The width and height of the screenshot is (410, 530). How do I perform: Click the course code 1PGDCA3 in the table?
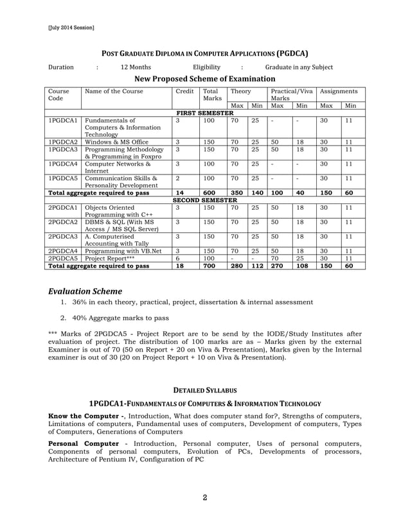pos(63,150)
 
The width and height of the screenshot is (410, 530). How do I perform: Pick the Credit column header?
pos(184,92)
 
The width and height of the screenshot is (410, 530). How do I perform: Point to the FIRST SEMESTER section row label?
pos(204,113)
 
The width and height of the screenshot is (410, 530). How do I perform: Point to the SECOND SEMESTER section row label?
pos(204,200)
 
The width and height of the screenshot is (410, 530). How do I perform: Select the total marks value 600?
pos(209,192)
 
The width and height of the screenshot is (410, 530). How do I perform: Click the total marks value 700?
pos(209,266)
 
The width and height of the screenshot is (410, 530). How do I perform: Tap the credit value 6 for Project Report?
pos(177,258)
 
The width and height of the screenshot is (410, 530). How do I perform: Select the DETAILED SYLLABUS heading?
pos(204,389)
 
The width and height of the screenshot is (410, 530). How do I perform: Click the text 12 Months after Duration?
pos(136,67)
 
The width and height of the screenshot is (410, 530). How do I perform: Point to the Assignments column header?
pos(338,92)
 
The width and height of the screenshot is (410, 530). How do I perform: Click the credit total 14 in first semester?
pos(180,192)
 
